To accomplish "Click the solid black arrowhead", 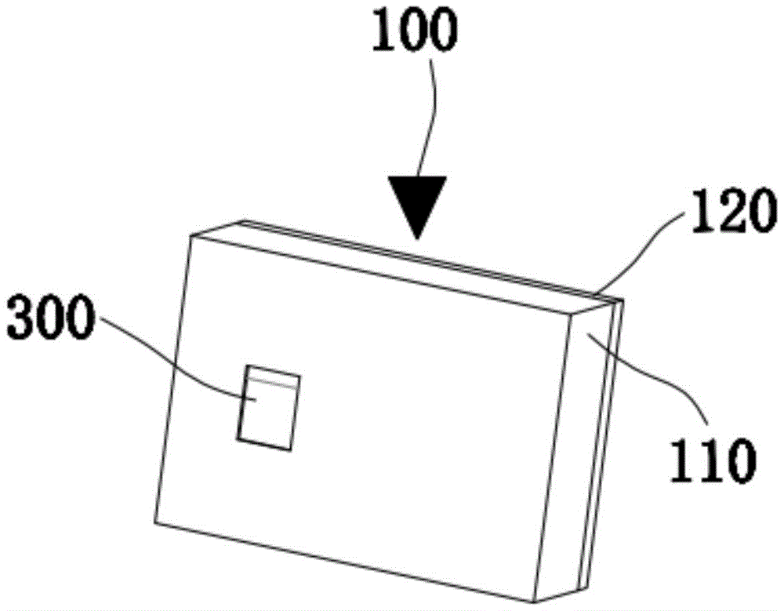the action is (417, 206).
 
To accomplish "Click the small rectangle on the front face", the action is (269, 408).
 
